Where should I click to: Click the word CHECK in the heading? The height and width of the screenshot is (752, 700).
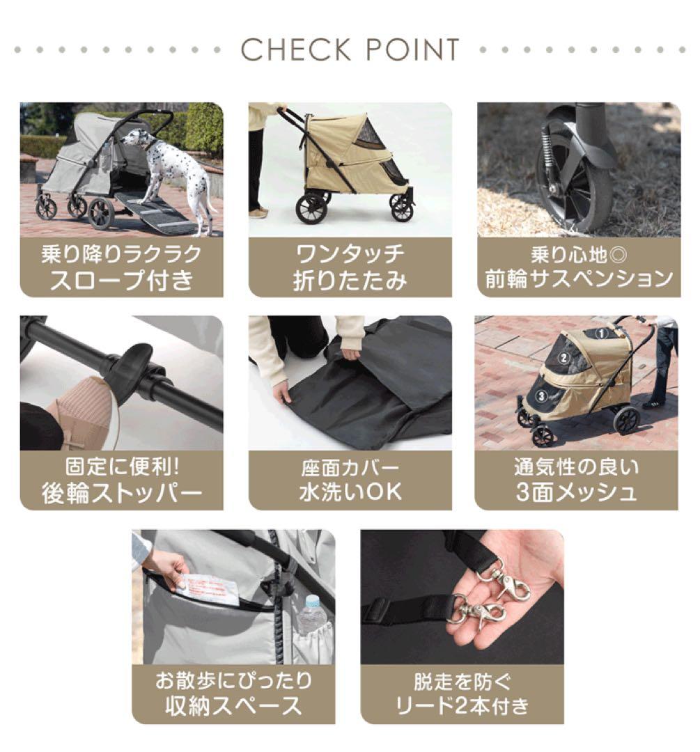click(x=295, y=50)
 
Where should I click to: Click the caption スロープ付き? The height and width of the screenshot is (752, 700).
click(x=121, y=280)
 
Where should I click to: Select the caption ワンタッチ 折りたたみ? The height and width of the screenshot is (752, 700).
click(x=350, y=267)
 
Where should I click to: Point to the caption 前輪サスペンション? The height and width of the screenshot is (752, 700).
click(x=578, y=280)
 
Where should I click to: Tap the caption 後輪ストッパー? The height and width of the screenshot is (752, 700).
click(x=121, y=493)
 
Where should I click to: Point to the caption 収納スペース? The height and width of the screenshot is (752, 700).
click(x=233, y=706)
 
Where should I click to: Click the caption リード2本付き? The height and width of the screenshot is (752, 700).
click(x=462, y=706)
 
